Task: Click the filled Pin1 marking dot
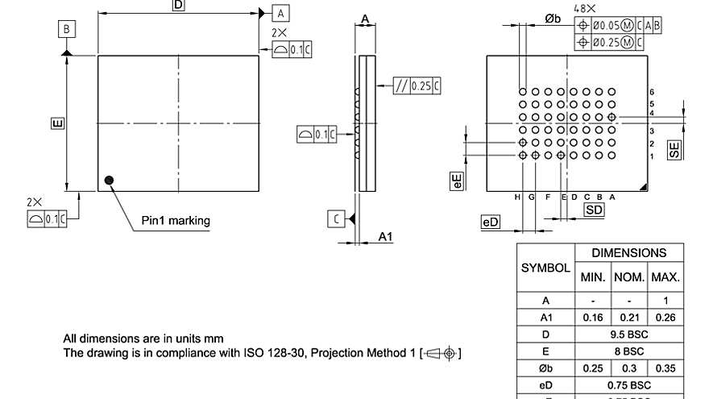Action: point(110,181)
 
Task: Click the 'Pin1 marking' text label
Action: point(176,220)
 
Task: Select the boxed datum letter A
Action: point(281,13)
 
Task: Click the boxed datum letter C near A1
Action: point(336,218)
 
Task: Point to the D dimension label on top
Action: point(178,6)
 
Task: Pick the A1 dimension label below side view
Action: point(385,236)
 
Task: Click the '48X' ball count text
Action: point(585,8)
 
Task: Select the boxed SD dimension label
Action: point(594,210)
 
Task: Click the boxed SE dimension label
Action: point(674,148)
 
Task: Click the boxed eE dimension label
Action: point(457,180)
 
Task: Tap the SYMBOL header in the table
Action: point(545,267)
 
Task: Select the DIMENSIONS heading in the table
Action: point(628,253)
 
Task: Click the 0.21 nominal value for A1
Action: point(628,318)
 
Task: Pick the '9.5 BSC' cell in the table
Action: point(628,334)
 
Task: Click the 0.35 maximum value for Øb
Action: point(665,368)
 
